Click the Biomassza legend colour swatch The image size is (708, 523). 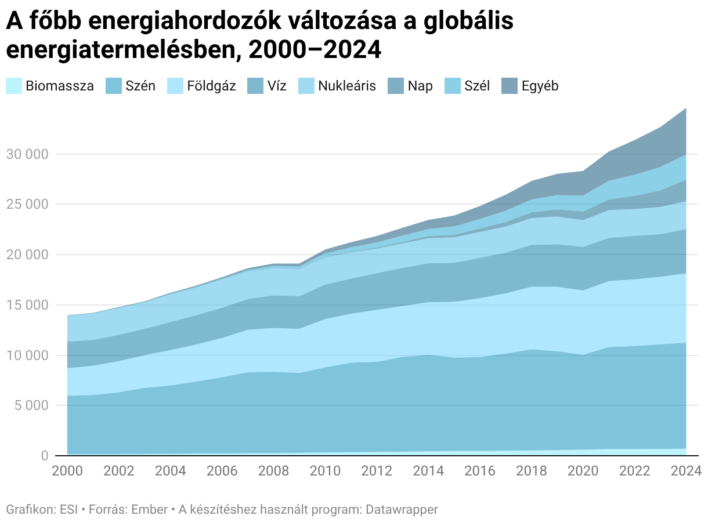pos(14,86)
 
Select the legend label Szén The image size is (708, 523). pos(140,86)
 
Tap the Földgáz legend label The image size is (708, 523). pos(211,86)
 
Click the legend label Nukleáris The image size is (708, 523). pos(347,86)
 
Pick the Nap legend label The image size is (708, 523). pos(420,86)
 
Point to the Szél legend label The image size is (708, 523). pos(477,86)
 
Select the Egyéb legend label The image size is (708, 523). pos(540,86)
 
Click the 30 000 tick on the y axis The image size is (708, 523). pos(27,154)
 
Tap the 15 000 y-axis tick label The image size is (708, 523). pos(27,305)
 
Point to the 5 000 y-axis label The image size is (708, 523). pos(30,405)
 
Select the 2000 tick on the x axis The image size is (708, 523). pos(67,471)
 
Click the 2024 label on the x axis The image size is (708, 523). pos(685,471)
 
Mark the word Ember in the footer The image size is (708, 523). pos(148,510)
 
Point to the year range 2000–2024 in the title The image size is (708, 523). pos(314,50)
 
